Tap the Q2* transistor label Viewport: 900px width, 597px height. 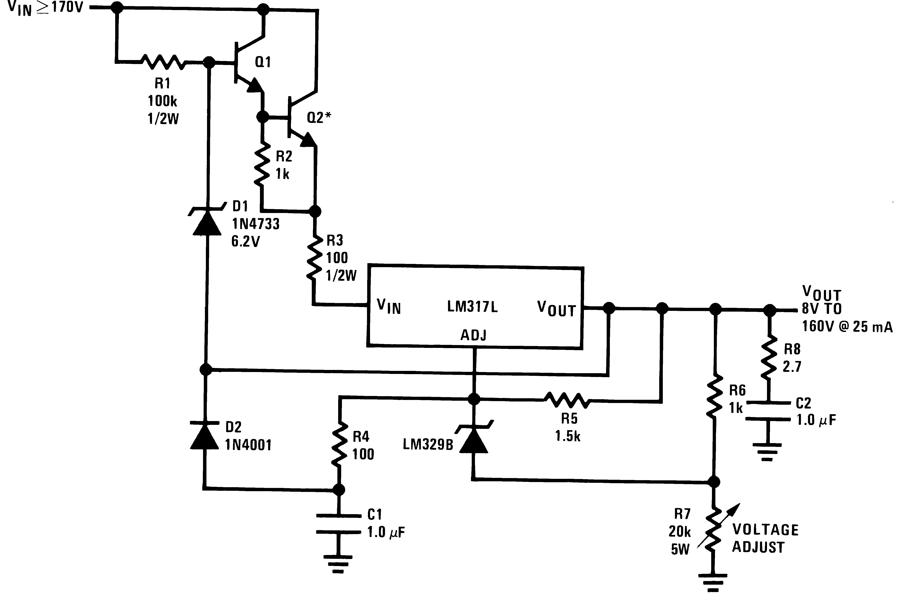[x=319, y=118]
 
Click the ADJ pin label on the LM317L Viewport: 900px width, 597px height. [x=473, y=335]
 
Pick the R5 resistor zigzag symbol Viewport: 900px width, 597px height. [x=567, y=400]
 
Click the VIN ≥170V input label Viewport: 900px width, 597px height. [x=46, y=8]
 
